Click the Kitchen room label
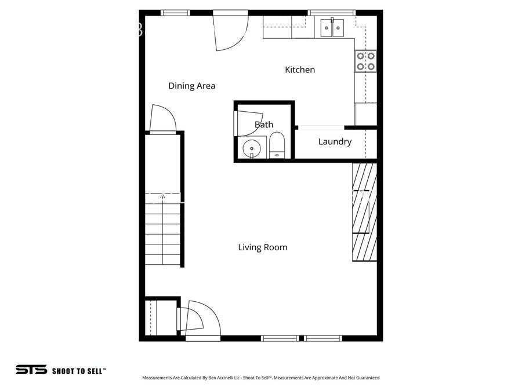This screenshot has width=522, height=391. [x=300, y=70]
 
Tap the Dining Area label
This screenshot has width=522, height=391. [x=192, y=86]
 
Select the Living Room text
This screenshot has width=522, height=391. [x=263, y=247]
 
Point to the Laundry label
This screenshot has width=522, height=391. [x=335, y=141]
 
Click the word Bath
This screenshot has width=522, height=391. [x=264, y=124]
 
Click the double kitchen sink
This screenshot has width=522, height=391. [x=332, y=27]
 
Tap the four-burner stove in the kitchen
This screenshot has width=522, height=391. [x=365, y=61]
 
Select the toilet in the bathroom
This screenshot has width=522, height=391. [x=277, y=146]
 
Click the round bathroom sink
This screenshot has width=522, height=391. [x=252, y=148]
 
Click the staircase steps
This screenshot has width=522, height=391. [x=163, y=232]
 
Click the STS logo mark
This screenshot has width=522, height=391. [x=31, y=370]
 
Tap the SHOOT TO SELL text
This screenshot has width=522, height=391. [x=79, y=370]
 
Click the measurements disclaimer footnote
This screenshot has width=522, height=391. [x=261, y=378]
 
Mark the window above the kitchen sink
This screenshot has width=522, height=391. [x=332, y=13]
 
